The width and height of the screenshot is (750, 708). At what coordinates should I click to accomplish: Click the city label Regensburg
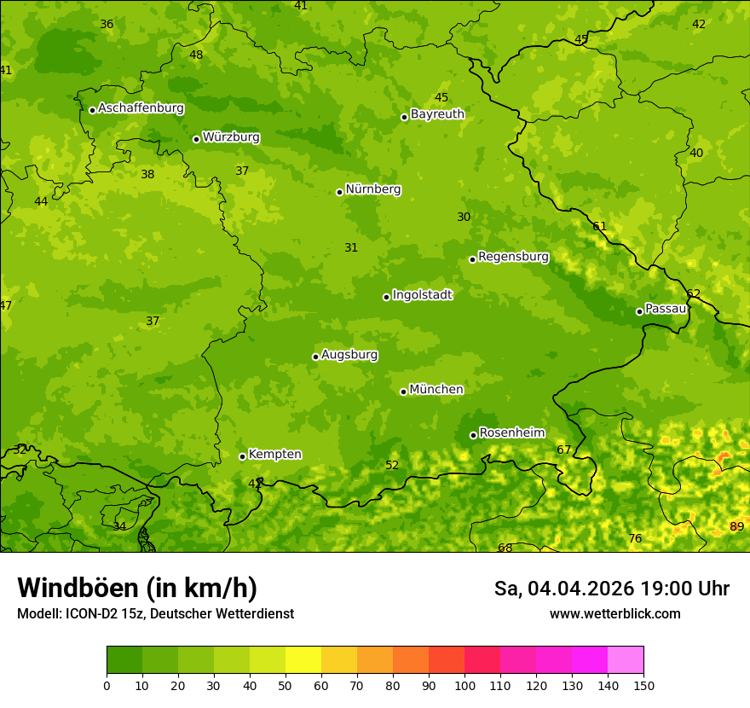coord(513,257)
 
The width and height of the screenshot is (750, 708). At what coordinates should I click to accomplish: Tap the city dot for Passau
coord(639,311)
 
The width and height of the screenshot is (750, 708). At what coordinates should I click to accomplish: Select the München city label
coord(436,390)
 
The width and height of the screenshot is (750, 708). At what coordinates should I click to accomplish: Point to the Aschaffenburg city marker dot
coord(92,110)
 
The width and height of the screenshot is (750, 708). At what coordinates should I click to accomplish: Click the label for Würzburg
coord(231,137)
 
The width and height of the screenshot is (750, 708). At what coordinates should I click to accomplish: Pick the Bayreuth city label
coord(437,114)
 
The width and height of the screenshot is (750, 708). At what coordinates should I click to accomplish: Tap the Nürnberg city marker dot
coord(339,192)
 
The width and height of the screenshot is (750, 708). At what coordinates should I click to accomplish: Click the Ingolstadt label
coord(422,295)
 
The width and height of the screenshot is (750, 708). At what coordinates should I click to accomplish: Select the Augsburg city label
coord(349,355)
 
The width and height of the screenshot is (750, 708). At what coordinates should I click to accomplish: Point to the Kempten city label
coord(274,455)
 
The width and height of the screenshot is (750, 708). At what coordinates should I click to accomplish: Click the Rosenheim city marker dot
coord(473,435)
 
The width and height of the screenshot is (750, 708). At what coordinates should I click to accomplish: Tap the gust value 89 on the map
coord(736,526)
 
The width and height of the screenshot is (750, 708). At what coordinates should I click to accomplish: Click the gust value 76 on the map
coord(634,538)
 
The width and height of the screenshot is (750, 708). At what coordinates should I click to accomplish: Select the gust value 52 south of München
coord(392,465)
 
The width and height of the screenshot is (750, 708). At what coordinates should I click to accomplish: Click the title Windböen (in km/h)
coord(137,588)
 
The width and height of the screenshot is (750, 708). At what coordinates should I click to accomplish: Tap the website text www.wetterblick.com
coord(614,613)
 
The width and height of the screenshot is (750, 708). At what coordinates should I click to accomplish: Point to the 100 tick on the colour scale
coord(464,684)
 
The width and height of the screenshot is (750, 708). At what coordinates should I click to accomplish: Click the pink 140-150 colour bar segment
coord(626,659)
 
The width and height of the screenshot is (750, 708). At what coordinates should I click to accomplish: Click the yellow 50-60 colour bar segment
coord(303,659)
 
